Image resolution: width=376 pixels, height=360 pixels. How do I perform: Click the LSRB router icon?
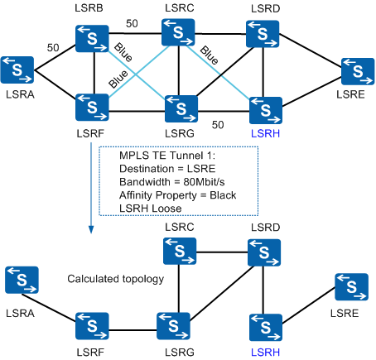pyautogui.click(x=92, y=39)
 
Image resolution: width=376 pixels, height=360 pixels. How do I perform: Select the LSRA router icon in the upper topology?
pyautogui.click(x=17, y=70)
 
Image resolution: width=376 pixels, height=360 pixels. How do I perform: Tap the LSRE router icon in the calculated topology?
pyautogui.click(x=351, y=286)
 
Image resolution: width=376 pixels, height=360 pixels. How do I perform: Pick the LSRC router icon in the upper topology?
pyautogui.click(x=178, y=32)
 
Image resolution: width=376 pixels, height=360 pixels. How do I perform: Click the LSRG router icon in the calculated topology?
pyautogui.click(x=173, y=326)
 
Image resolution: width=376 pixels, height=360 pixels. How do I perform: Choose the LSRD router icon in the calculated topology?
pyautogui.click(x=264, y=252)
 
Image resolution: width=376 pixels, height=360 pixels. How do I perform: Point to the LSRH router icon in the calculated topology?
pyautogui.click(x=266, y=328)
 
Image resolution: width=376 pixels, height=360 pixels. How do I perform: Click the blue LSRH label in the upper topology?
pyautogui.click(x=265, y=133)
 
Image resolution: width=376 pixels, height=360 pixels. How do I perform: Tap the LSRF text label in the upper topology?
pyautogui.click(x=90, y=133)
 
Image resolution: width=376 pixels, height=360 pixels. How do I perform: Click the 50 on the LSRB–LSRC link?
pyautogui.click(x=132, y=23)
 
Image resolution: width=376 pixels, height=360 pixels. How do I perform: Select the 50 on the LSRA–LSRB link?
pyautogui.click(x=53, y=48)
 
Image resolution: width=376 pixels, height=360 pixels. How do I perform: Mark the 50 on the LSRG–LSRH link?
pyautogui.click(x=218, y=125)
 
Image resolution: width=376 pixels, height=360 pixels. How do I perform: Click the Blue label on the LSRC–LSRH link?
pyautogui.click(x=209, y=55)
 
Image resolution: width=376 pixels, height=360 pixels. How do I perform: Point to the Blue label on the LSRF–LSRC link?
pyautogui.click(x=118, y=79)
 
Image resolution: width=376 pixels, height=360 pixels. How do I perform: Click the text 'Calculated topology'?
pyautogui.click(x=116, y=279)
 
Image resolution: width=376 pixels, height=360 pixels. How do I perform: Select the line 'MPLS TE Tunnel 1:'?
pyautogui.click(x=167, y=156)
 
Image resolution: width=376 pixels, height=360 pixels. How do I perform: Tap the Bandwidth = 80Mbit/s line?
pyautogui.click(x=172, y=182)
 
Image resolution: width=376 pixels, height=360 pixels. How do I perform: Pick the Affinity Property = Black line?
pyautogui.click(x=178, y=195)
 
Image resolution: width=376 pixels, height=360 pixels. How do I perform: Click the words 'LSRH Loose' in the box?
pyautogui.click(x=151, y=209)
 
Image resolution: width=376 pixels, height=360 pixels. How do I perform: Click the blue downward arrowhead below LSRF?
pyautogui.click(x=91, y=230)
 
